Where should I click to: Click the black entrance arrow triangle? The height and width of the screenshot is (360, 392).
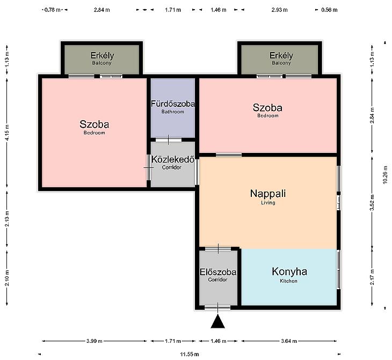(x=218, y=321)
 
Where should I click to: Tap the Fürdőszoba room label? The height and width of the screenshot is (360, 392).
(x=173, y=104)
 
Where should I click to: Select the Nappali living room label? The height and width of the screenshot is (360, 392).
(x=268, y=194)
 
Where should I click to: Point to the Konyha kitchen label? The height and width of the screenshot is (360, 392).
(x=289, y=271)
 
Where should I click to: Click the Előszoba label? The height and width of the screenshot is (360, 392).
(x=218, y=272)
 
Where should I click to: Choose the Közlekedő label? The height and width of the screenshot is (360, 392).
(x=173, y=159)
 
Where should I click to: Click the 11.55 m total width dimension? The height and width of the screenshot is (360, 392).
(x=190, y=354)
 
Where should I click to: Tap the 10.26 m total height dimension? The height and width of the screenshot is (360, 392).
(x=385, y=175)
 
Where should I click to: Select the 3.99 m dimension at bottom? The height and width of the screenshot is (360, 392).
(x=95, y=341)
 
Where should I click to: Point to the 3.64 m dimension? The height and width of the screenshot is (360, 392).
(x=289, y=341)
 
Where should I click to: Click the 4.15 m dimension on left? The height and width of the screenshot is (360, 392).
(x=8, y=133)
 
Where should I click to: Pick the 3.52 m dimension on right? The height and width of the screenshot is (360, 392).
(x=372, y=203)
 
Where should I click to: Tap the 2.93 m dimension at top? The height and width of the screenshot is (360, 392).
(x=279, y=10)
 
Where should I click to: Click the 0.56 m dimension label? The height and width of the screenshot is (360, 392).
(x=329, y=10)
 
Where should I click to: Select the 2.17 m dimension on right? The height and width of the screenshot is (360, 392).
(x=372, y=277)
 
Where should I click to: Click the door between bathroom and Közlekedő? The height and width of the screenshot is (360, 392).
(x=168, y=139)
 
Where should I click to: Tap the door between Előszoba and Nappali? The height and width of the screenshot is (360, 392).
(x=218, y=248)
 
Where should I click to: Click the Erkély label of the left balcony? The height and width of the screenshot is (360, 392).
(x=102, y=55)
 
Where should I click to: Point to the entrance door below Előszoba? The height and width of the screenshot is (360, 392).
(x=217, y=307)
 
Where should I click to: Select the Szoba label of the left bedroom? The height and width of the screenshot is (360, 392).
(x=95, y=124)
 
